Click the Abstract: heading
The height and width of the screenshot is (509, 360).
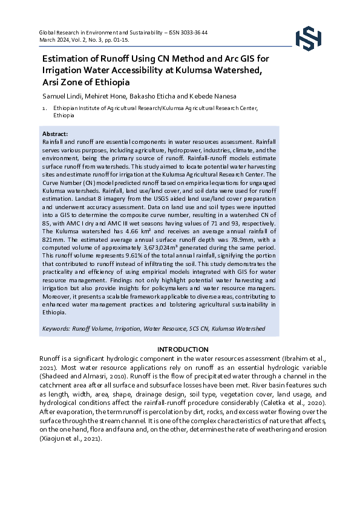pos(55,134)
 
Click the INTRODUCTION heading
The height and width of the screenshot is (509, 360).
pos(183,349)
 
